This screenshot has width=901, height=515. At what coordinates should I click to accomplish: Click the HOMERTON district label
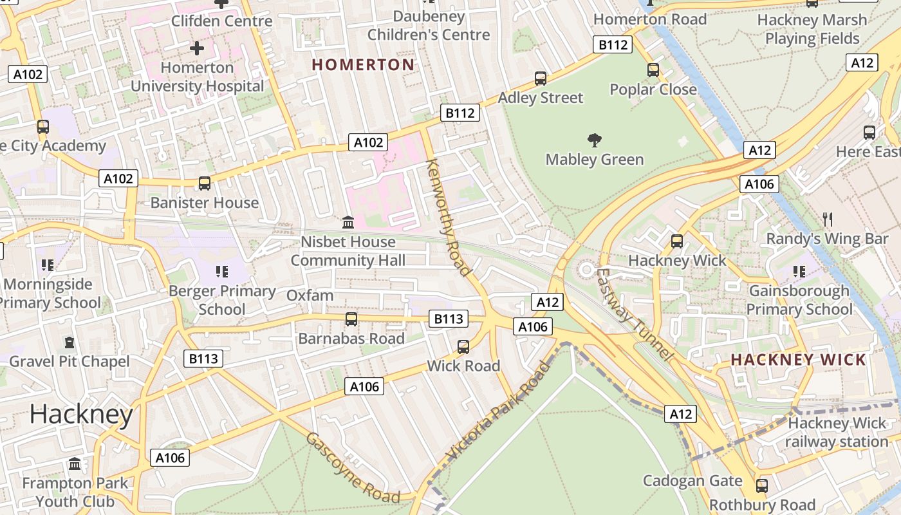[x=363, y=64]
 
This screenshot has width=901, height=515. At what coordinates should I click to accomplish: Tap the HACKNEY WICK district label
[x=798, y=360]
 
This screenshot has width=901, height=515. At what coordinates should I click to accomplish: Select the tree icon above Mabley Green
[x=595, y=140]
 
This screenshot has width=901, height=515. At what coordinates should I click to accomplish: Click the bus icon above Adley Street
[x=541, y=79]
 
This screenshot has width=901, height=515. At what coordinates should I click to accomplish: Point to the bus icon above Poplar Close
[x=653, y=70]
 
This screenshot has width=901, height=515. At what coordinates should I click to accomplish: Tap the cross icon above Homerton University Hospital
[x=197, y=48]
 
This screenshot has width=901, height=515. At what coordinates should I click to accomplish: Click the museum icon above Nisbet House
[x=348, y=222]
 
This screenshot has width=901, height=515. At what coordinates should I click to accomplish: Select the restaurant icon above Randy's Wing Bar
[x=828, y=220]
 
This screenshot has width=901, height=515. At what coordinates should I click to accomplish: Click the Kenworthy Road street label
[x=448, y=216]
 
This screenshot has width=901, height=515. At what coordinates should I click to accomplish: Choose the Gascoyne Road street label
[x=352, y=468]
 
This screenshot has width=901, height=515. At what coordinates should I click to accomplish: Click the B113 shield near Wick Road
[x=448, y=318]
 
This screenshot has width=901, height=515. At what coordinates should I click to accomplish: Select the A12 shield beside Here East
[x=759, y=151]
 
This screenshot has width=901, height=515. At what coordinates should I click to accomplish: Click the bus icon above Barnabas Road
[x=351, y=319]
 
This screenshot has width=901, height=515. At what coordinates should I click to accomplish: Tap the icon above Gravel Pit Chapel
[x=69, y=342]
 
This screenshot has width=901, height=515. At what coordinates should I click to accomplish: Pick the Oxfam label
[x=310, y=295]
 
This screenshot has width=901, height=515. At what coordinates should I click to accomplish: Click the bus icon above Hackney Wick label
[x=677, y=241]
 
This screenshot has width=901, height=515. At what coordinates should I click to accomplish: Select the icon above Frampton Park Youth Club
[x=75, y=464]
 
